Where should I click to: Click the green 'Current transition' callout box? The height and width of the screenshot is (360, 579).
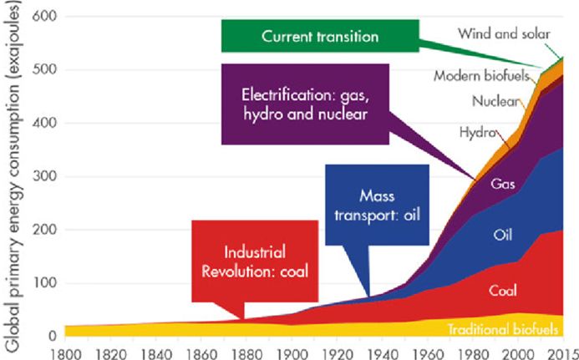point(321,38)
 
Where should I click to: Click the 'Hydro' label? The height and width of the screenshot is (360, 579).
point(478,133)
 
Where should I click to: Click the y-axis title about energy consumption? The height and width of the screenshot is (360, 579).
point(11,175)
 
